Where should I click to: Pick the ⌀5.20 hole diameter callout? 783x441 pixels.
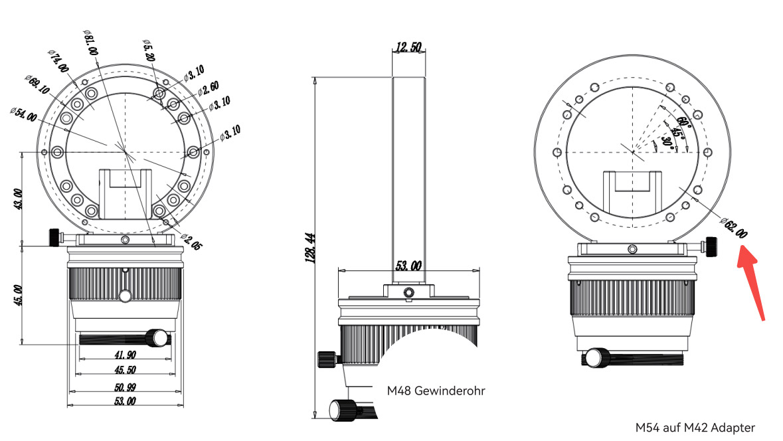(149, 50)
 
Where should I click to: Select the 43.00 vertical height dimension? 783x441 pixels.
(17, 200)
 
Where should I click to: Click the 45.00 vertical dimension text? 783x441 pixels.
(17, 294)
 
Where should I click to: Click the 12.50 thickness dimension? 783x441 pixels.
(408, 47)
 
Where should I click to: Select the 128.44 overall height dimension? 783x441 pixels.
(309, 246)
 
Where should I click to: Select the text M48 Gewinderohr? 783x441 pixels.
(436, 391)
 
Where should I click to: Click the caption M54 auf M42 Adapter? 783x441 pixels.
(695, 427)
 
